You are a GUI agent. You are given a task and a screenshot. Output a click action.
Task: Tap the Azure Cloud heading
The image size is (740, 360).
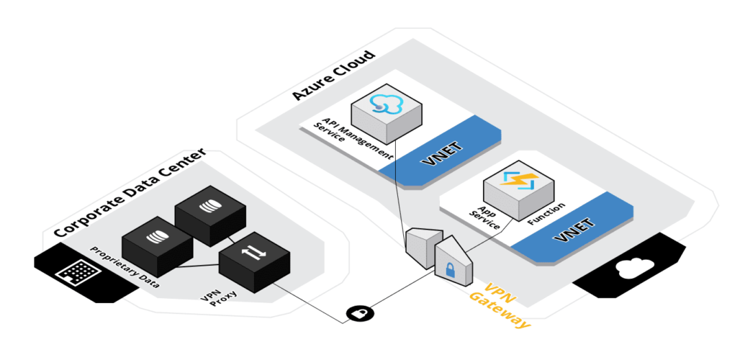[333, 75]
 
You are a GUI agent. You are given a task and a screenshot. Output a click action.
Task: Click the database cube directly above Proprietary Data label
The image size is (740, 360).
[156, 238]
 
